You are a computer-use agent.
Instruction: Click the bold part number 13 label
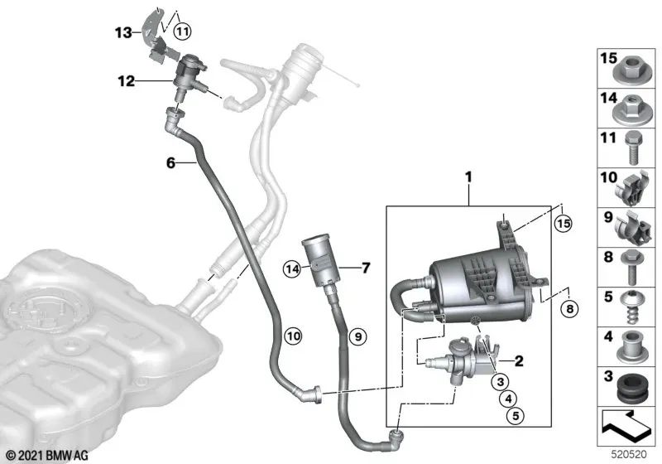pyautogui.click(x=122, y=32)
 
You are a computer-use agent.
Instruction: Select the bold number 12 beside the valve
pyautogui.click(x=124, y=81)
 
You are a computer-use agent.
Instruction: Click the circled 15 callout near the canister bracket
pyautogui.click(x=563, y=223)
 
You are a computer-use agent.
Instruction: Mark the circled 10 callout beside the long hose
pyautogui.click(x=290, y=336)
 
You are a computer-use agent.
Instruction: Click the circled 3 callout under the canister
pyautogui.click(x=499, y=381)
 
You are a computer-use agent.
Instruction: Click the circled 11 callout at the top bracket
pyautogui.click(x=182, y=31)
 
